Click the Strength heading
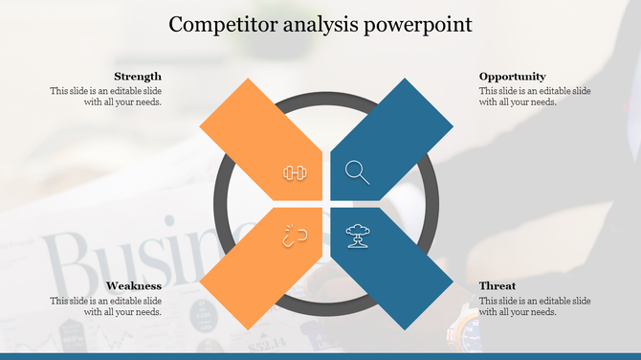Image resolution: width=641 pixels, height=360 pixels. [x=137, y=77]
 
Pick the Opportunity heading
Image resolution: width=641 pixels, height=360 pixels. [x=513, y=77]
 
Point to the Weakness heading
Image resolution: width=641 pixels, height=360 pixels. [x=133, y=285]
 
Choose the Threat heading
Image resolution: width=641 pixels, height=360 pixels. [x=497, y=285]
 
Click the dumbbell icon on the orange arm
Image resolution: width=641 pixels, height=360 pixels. [x=294, y=172]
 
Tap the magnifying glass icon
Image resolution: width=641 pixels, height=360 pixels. [x=357, y=172]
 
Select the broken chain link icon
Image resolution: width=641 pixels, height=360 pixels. [x=294, y=236]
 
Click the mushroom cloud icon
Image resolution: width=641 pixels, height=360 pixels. [x=357, y=236]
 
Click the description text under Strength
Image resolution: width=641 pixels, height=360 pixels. [x=106, y=97]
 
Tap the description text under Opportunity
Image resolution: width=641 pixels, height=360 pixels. [x=535, y=97]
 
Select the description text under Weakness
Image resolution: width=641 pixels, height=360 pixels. [x=106, y=306]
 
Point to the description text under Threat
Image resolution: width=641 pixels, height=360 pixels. [x=535, y=306]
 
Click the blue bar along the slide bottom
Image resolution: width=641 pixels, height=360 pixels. [x=320, y=355]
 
